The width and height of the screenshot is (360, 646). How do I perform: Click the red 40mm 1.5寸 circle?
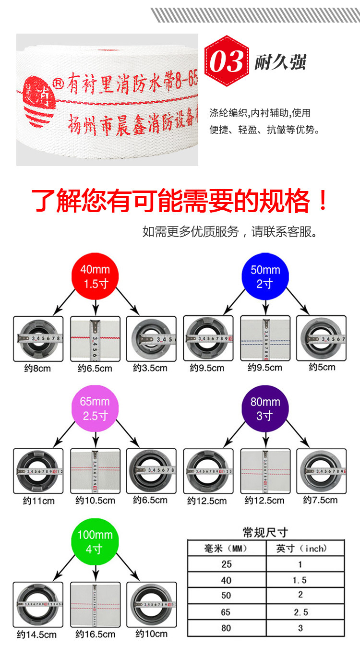coord(95,276)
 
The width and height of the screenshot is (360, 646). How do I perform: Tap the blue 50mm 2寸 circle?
coord(264,276)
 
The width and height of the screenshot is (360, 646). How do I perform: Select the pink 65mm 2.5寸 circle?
coord(95,408)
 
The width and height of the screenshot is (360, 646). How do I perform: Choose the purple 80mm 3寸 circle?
coord(265,408)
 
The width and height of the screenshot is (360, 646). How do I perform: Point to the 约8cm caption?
coord(37,369)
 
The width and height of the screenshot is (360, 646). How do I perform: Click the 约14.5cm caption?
coord(36,634)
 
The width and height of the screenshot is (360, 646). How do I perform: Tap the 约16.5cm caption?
coord(96,634)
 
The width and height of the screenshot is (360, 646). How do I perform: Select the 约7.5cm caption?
coord(320,500)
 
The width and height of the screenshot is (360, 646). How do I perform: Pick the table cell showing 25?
coord(226,564)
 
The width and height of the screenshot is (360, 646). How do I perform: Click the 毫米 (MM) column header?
coord(226,549)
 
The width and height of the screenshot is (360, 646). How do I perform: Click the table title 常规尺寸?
coord(265,532)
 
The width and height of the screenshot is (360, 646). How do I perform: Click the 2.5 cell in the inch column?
coord(300,612)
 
